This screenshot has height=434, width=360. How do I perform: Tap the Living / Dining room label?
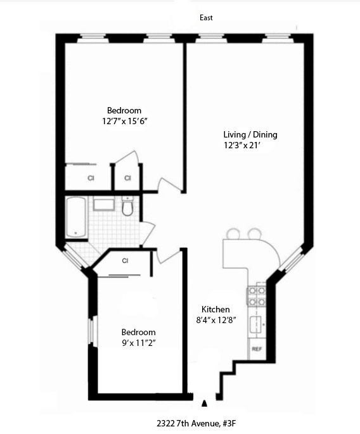click(x=250, y=134)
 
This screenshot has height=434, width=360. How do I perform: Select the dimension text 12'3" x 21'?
click(x=233, y=146)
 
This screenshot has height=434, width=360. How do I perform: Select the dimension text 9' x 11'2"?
click(x=138, y=343)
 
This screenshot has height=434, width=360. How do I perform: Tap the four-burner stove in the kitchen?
click(x=258, y=295)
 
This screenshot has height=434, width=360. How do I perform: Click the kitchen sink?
click(x=258, y=326)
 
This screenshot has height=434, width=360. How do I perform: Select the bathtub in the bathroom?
click(x=75, y=217)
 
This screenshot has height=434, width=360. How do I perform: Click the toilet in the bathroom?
click(x=127, y=207)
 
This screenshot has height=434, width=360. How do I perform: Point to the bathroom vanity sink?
click(x=103, y=204)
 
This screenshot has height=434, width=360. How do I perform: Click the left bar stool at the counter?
click(x=233, y=234)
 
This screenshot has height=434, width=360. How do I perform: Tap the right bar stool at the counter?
click(x=254, y=234)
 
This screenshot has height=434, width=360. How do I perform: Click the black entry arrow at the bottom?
click(x=204, y=403)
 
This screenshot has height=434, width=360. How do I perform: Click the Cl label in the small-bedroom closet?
click(x=125, y=260)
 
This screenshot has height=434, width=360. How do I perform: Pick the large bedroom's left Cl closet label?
click(x=91, y=178)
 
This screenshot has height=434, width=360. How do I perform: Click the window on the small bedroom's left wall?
click(x=91, y=330)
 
